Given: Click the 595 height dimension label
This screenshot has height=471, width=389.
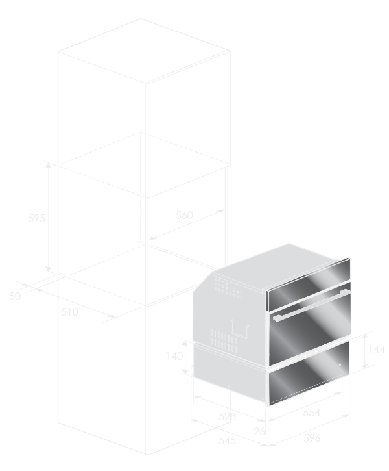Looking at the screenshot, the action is click(36, 218).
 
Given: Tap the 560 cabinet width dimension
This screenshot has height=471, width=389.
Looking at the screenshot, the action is click(184, 215).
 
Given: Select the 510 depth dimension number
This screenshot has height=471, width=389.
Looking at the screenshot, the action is click(69, 312).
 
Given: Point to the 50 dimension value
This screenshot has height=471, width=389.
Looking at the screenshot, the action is click(15, 296).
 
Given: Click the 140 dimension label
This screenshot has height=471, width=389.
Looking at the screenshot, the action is click(174, 356).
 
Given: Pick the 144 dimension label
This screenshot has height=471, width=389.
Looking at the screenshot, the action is click(377, 350).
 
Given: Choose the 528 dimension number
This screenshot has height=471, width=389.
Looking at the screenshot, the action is click(227, 416).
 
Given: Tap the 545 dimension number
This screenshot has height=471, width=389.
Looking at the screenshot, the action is click(227, 440).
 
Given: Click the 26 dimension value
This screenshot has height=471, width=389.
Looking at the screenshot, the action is click(259, 431).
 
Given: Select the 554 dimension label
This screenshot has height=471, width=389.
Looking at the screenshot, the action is click(312, 413).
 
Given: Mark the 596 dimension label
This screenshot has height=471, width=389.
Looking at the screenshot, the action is click(312, 438).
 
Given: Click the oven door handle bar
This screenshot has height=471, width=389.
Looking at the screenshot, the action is click(311, 305).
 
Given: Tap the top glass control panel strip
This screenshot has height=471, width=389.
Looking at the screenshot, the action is click(309, 285).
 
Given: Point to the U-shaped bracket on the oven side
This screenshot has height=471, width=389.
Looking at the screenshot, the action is click(240, 329).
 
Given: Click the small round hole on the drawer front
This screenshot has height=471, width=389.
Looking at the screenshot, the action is click(340, 365).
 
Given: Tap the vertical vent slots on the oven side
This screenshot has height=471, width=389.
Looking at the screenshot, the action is click(224, 340).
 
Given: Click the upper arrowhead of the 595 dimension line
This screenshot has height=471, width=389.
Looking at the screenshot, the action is click(48, 166).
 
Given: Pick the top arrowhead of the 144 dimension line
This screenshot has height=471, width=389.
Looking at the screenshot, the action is click(364, 337).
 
